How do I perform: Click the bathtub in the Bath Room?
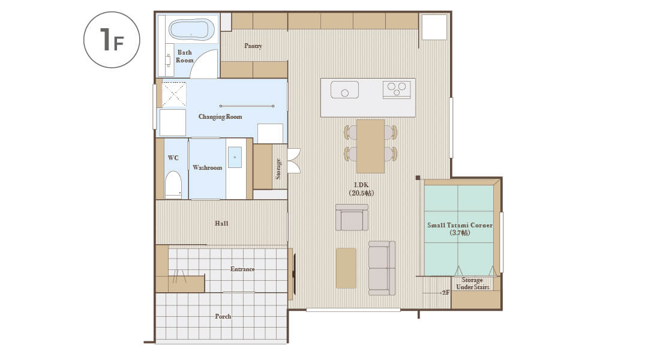(x=189, y=29)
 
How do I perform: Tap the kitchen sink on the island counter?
(x=344, y=89)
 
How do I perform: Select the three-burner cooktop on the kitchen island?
(x=397, y=89)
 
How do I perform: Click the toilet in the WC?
(x=173, y=185)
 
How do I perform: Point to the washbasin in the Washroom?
(x=235, y=157)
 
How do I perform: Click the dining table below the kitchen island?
(x=371, y=146)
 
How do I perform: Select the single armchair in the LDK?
(x=352, y=217)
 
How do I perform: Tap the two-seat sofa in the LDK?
(x=382, y=268)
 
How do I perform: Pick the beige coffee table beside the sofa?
(x=346, y=268)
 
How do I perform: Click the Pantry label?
(x=253, y=46)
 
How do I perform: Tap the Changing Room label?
(x=220, y=117)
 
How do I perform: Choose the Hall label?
(x=221, y=223)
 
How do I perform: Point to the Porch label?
(x=223, y=316)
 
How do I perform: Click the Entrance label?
(x=242, y=269)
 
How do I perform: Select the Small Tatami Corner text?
(x=460, y=225)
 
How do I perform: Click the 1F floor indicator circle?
(x=112, y=40)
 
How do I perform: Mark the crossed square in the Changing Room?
(x=173, y=95)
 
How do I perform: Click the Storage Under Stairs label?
(x=472, y=284)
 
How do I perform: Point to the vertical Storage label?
(x=278, y=169)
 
